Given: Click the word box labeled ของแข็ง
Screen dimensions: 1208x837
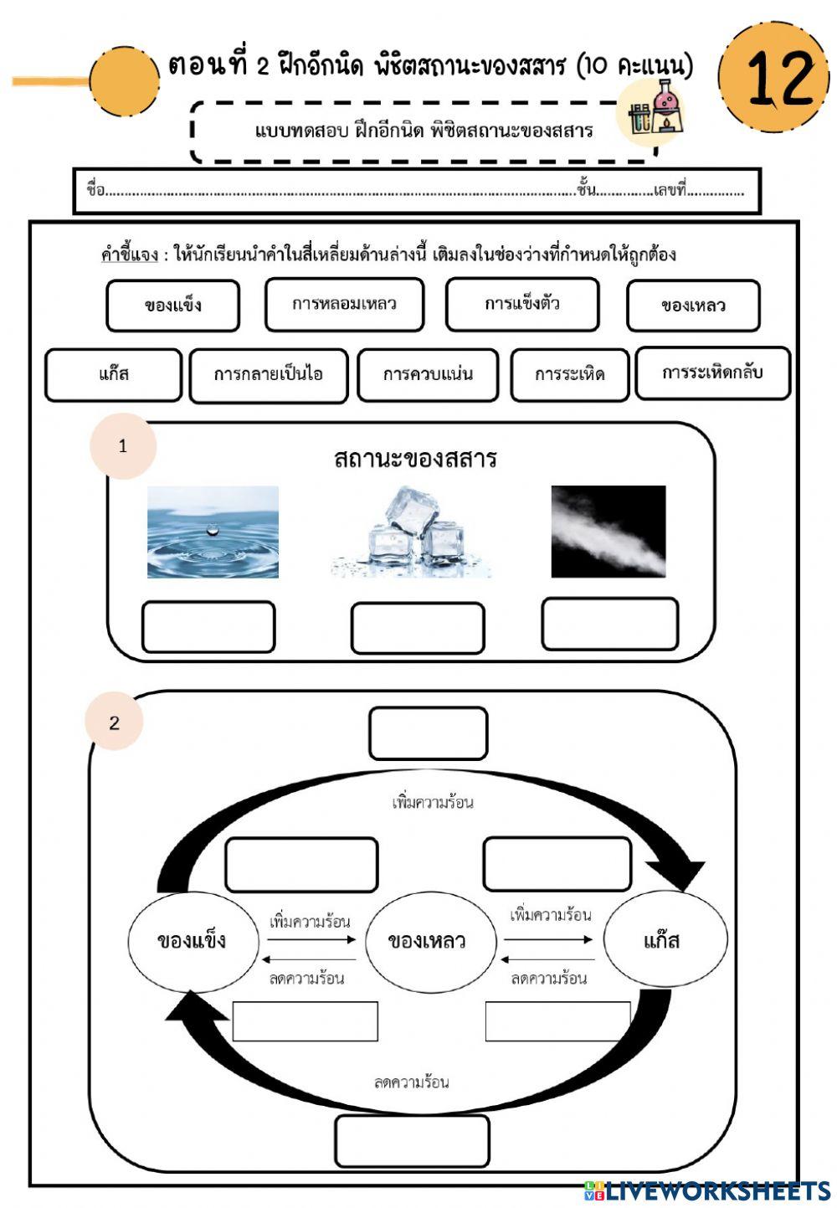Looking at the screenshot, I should coord(172,306).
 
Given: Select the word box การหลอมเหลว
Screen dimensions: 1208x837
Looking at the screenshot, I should coord(344,304).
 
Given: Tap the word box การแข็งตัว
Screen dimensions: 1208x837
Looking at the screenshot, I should coord(521,304).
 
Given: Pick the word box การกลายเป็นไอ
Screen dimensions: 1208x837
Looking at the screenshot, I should coord(268,375).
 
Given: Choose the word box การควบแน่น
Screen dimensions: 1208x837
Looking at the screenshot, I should coord(428,375).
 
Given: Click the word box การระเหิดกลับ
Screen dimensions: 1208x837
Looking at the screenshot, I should coord(712,373).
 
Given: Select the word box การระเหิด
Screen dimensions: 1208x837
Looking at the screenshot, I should coord(569,375).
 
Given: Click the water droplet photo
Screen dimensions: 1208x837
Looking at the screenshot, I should coord(213,532).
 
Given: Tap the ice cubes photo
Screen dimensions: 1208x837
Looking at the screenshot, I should coord(412,532).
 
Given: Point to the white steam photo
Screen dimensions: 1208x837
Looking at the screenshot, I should coord(608,532).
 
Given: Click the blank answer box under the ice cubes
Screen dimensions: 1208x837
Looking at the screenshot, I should coord(417,628).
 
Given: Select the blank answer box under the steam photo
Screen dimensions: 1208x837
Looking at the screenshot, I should coord(609,624).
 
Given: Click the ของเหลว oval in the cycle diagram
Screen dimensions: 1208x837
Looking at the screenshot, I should coord(427,941).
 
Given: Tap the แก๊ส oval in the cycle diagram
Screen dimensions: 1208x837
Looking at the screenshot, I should coord(661,940).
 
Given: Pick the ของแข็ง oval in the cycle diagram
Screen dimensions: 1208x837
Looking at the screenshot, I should coord(191,940).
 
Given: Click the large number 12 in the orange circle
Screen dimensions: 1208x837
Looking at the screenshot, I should coord(775,77).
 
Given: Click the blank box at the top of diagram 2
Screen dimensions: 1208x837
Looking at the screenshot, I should coord(428,733).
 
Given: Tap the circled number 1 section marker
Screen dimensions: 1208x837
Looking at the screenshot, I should coord(123,446).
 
